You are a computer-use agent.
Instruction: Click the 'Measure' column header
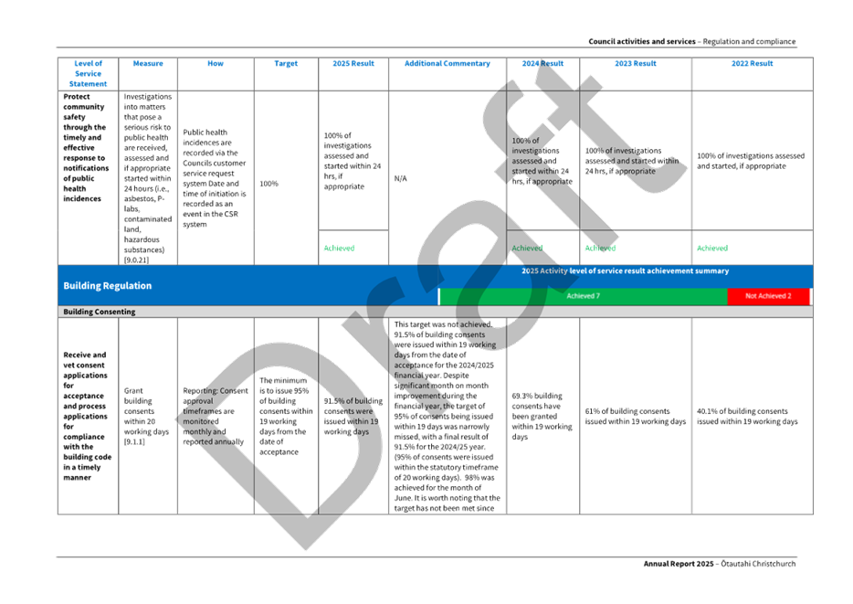tap(148, 64)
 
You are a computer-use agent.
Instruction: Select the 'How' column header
tap(216, 64)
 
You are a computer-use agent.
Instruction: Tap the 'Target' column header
tap(286, 64)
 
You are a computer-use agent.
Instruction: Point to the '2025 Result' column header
tap(353, 64)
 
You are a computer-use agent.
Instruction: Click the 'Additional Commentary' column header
tap(448, 64)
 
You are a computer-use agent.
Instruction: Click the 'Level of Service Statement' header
tap(88, 73)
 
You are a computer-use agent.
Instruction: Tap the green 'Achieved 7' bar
tap(583, 296)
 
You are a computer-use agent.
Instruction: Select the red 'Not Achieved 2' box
tap(768, 296)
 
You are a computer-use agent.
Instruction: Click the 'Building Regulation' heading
tap(108, 286)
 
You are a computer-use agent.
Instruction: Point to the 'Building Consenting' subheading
tap(99, 312)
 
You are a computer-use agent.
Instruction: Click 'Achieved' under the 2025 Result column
tap(339, 248)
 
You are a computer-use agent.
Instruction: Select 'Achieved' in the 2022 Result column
tap(712, 248)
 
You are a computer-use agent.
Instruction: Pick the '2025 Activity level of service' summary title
tap(625, 271)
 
